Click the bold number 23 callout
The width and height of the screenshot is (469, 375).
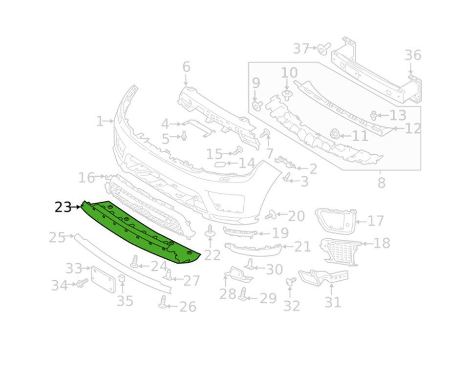point(63,207)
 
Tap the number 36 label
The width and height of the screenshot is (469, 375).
point(413,55)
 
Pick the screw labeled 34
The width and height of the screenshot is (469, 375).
point(82,283)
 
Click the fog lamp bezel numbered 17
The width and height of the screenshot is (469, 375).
point(336,221)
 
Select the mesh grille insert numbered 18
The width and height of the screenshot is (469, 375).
point(340,251)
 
